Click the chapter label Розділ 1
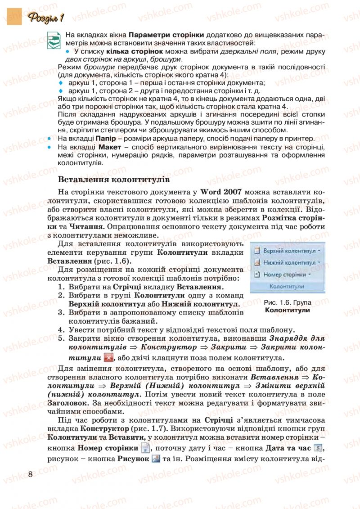46,18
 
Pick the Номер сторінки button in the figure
284,274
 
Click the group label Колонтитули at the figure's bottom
286,287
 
